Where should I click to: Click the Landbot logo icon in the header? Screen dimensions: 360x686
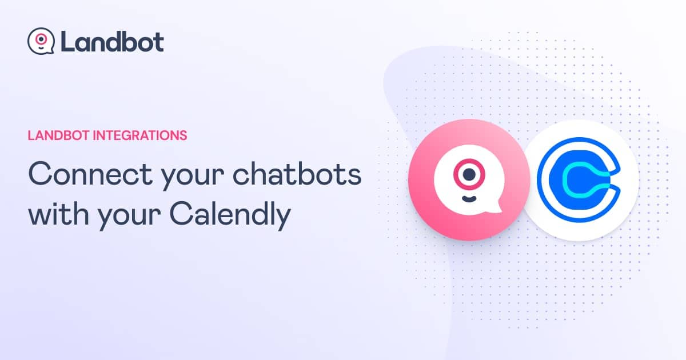[41, 41]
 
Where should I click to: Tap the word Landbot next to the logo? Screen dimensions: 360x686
[111, 41]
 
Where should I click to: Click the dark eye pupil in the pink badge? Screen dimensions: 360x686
[469, 174]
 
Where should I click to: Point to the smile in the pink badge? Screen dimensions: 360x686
[469, 198]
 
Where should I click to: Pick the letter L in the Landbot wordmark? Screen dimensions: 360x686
[66, 41]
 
